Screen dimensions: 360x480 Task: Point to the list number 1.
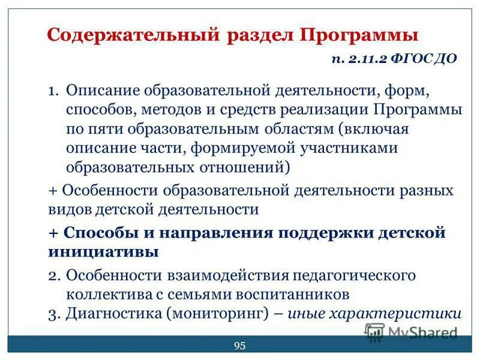pos(53,92)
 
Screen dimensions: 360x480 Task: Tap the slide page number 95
pos(240,345)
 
